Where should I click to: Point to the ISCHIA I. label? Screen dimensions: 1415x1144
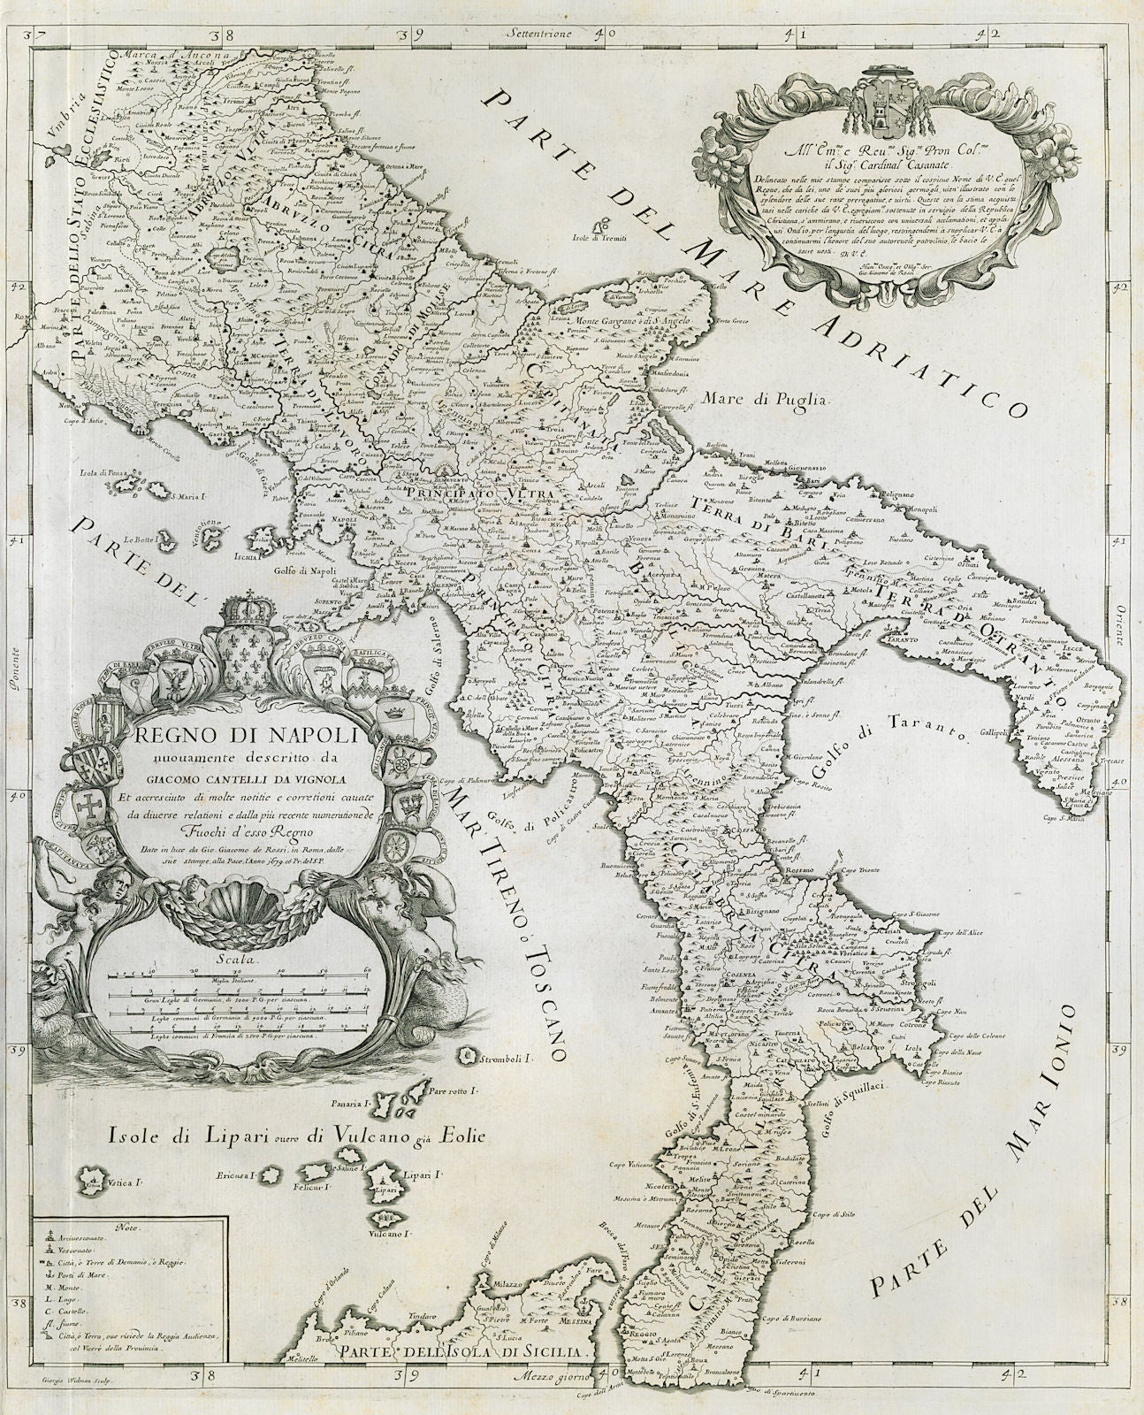(x=247, y=558)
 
